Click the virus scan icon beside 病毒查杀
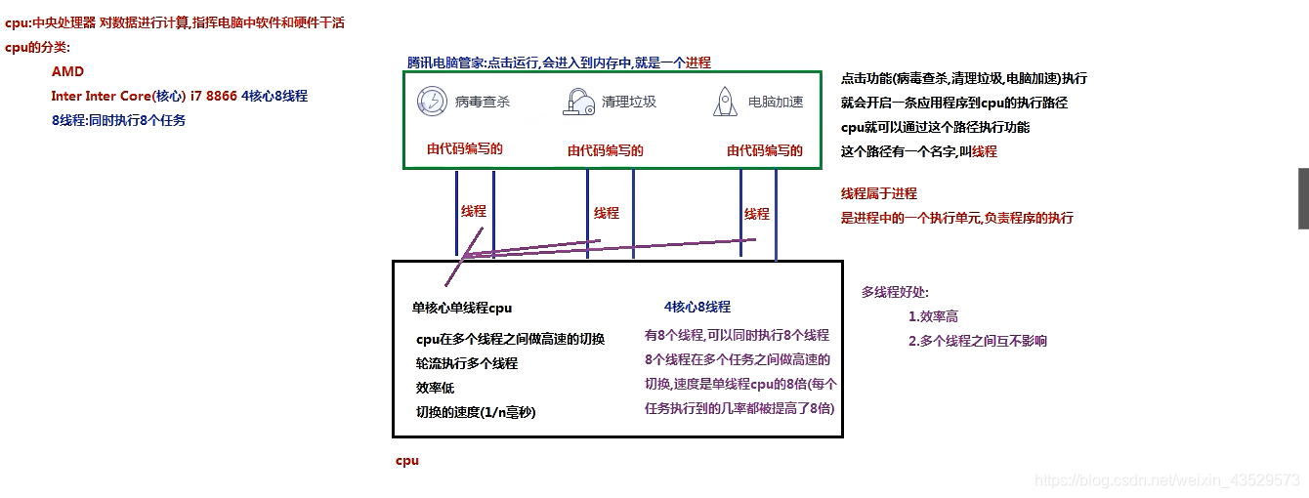coord(432,102)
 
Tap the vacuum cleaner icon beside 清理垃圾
coord(577,102)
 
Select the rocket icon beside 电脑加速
coord(725,102)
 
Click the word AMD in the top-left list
coord(67,71)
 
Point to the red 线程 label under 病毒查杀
coord(474,211)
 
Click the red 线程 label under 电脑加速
coord(757,214)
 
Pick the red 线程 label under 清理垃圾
coord(607,213)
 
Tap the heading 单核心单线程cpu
coord(462,308)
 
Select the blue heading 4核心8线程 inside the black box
coord(697,307)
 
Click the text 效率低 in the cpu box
coord(436,388)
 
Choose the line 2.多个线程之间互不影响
coord(978,341)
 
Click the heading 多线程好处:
coord(895,292)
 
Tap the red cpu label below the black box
coord(406,459)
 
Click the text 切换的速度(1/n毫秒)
coord(476,412)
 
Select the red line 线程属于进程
coord(879,193)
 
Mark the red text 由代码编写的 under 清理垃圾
coord(606,150)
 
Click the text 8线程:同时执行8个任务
coord(118,120)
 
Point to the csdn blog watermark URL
coord(1166,479)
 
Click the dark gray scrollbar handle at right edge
coord(1303,198)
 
